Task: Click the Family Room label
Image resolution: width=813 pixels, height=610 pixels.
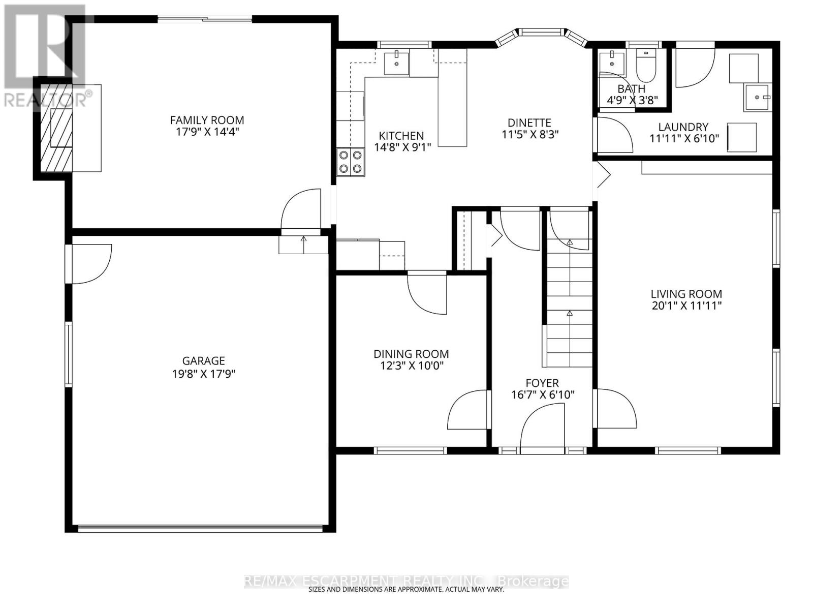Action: [207, 120]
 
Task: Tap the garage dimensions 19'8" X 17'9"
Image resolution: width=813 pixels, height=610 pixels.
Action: [203, 374]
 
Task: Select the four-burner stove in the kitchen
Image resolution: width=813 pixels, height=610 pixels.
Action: [351, 162]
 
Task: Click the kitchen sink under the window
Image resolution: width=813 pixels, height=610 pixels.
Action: [396, 64]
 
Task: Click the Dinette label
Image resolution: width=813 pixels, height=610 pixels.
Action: [529, 123]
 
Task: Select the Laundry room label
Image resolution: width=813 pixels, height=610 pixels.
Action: [683, 127]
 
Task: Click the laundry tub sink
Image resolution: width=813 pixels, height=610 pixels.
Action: [758, 98]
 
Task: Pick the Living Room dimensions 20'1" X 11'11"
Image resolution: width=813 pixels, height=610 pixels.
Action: [686, 306]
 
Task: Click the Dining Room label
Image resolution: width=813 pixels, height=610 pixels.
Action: [411, 354]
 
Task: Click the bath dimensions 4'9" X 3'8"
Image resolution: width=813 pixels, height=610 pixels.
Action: [633, 100]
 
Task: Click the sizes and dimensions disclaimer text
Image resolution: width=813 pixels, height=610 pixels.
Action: [406, 590]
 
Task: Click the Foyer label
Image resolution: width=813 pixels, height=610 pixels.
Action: [542, 383]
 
